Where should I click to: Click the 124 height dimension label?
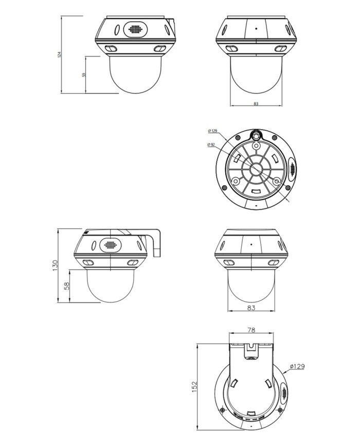pyautogui.click(x=60, y=54)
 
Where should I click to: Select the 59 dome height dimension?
pyautogui.click(x=84, y=75)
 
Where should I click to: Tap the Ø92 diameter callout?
pyautogui.click(x=211, y=145)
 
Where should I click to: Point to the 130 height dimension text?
pyautogui.click(x=55, y=265)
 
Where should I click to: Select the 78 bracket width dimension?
pyautogui.click(x=251, y=330)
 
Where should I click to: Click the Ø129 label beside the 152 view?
pyautogui.click(x=297, y=366)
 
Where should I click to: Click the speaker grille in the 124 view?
pyautogui.click(x=134, y=29)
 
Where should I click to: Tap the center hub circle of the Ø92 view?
pyautogui.click(x=255, y=170)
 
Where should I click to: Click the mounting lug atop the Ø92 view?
pyautogui.click(x=255, y=135)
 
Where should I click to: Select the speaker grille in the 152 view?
pyautogui.click(x=283, y=394)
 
